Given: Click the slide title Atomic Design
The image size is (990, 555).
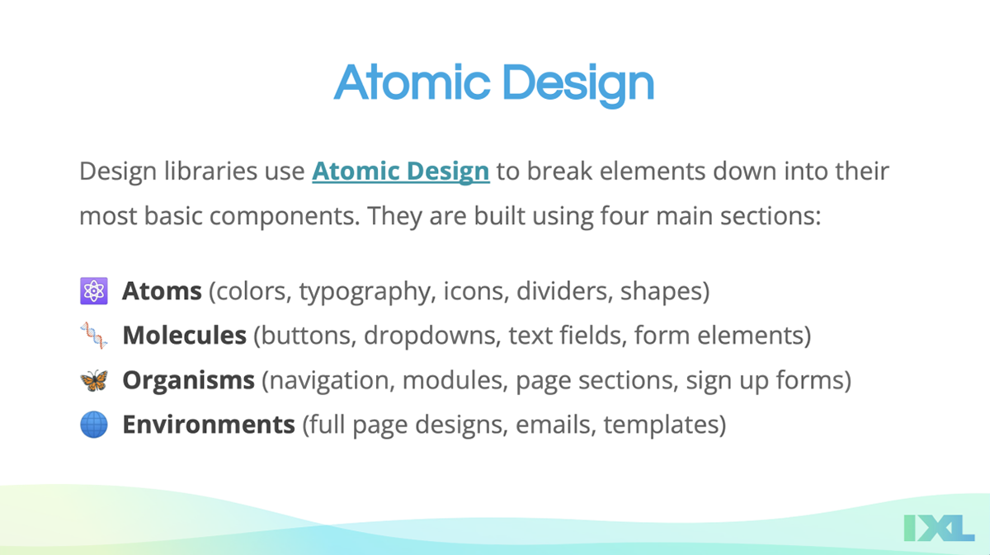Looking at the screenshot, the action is coord(493,84).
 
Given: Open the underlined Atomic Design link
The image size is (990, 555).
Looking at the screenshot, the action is coord(401,172).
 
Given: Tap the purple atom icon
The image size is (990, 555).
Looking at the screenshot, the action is coord(94,291).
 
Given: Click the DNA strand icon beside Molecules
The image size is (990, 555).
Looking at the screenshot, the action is coord(94,336).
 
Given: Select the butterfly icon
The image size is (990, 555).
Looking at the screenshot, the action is coord(94,380).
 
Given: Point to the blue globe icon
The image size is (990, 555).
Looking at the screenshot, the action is coord(94,425).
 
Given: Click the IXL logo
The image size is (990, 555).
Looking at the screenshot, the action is coord(939,528).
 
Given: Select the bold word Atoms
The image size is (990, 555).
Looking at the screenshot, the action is coord(162,291).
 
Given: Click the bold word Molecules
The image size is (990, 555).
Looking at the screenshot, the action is coord(184,336).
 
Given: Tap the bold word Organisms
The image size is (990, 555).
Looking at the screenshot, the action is coord(188,380).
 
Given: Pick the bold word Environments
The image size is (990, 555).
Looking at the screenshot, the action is coord(209,425).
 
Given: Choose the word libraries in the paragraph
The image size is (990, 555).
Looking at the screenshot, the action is coord(210,171).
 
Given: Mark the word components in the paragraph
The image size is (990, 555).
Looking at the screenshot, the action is coord(284,217).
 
